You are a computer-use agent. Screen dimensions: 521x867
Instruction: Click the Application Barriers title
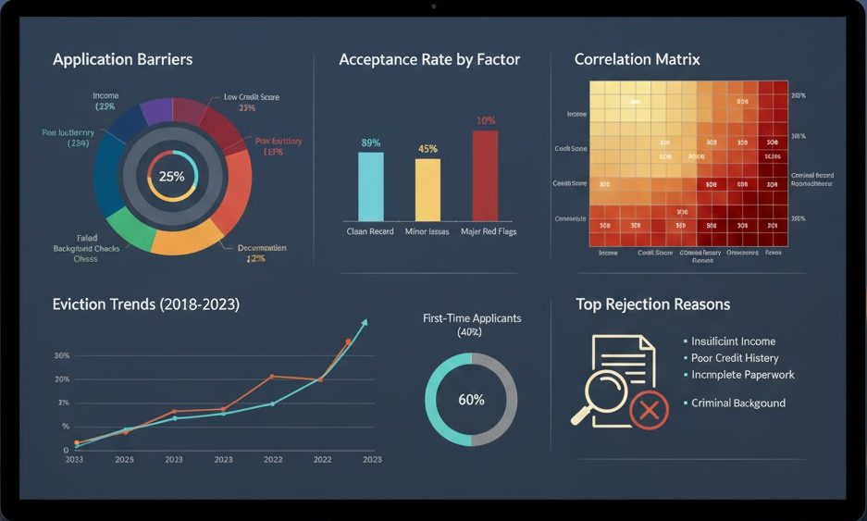click(122, 59)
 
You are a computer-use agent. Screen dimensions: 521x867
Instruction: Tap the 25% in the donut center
click(171, 176)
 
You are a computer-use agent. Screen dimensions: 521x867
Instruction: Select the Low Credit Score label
click(251, 97)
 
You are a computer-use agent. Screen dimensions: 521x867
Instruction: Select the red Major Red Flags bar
click(486, 174)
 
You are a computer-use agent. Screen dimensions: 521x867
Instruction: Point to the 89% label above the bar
click(370, 143)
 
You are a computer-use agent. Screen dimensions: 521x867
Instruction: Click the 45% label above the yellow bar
click(427, 149)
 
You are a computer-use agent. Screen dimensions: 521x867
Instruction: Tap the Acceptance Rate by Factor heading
click(429, 59)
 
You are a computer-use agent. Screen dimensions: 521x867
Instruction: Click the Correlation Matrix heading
click(637, 59)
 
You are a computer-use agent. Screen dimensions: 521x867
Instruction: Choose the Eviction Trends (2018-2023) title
click(146, 304)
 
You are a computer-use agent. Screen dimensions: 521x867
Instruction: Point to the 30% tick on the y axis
click(62, 355)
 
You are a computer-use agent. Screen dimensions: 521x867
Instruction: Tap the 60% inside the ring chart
click(471, 400)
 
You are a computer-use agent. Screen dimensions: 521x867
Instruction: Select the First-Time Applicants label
click(471, 318)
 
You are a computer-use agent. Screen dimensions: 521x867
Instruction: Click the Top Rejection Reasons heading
click(652, 304)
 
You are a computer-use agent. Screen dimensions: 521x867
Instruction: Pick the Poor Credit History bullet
click(735, 358)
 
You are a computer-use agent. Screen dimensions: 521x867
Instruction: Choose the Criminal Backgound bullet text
click(737, 403)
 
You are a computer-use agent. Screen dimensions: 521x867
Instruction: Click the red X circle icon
click(649, 409)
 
